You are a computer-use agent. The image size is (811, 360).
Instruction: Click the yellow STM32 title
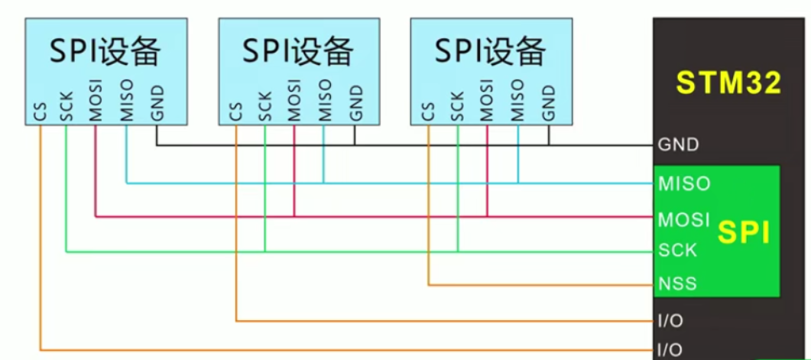pyautogui.click(x=728, y=83)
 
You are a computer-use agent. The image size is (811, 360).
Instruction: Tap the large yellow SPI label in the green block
pyautogui.click(x=744, y=232)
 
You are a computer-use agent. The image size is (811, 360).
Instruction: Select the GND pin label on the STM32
pyautogui.click(x=678, y=144)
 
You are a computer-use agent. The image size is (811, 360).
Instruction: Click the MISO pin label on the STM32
pyautogui.click(x=683, y=184)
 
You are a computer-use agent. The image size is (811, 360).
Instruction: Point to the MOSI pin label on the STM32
pyautogui.click(x=683, y=219)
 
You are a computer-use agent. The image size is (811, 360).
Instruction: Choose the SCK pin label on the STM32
pyautogui.click(x=677, y=250)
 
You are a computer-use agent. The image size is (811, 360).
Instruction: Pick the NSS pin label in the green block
pyautogui.click(x=677, y=284)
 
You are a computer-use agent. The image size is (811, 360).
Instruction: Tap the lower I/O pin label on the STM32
pyautogui.click(x=670, y=350)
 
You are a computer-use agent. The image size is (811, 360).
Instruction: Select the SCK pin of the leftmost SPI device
pyautogui.click(x=67, y=108)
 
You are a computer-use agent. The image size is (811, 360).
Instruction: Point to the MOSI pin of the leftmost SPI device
pyautogui.click(x=96, y=101)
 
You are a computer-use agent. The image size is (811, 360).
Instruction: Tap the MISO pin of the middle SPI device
pyautogui.click(x=324, y=101)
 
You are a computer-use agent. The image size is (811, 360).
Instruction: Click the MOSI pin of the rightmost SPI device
pyautogui.click(x=486, y=101)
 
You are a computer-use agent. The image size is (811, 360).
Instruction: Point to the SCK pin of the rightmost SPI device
pyautogui.click(x=457, y=108)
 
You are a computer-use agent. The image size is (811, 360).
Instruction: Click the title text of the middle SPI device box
pyautogui.click(x=298, y=52)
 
